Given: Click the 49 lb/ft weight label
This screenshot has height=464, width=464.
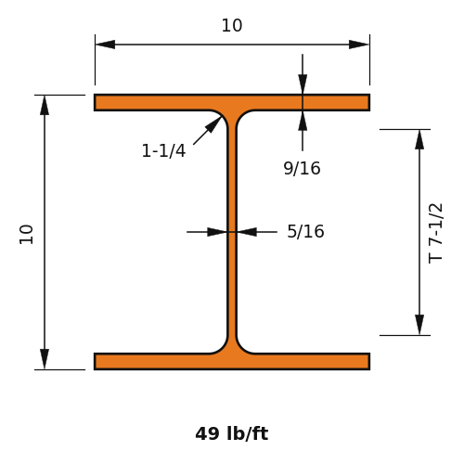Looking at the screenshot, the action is pos(232,433).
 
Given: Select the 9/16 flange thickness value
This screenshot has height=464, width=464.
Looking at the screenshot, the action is pos(302,169).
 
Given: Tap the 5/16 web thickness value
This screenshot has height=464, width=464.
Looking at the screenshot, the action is pos(305,231).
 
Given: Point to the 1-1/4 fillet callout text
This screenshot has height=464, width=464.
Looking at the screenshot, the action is pos(163,151).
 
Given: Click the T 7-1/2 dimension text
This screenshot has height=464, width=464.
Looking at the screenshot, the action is pos(435,234).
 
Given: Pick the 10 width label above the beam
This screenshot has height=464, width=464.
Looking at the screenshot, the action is pos(232,26).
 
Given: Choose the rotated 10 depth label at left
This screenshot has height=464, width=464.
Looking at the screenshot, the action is pos(26,235).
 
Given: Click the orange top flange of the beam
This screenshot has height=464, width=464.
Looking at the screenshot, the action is pos(232,102).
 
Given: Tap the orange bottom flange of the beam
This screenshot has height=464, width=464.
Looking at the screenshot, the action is pos(232,361).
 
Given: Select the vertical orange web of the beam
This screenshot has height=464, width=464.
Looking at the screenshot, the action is pos(232,232).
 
